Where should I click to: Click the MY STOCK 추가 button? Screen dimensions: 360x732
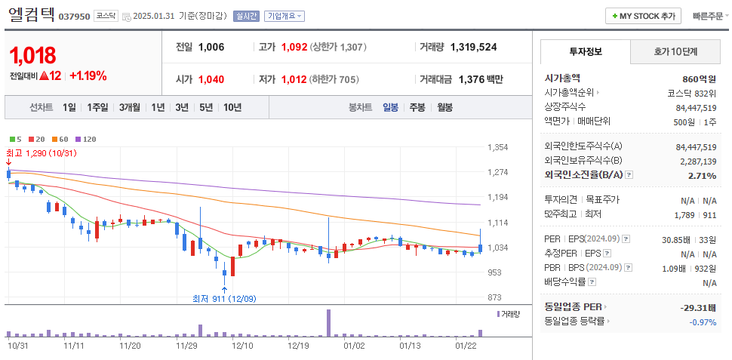coord(644,16)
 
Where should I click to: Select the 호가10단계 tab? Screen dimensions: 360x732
coord(675,52)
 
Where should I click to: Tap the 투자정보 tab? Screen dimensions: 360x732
coord(586,52)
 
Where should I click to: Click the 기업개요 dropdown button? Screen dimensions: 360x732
coord(284,16)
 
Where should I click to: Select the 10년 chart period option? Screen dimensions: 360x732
coord(232,107)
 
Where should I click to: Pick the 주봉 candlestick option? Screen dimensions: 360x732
coord(417,107)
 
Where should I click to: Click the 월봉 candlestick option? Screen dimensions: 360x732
coord(444,107)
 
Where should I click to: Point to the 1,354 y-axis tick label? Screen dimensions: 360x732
coord(498,147)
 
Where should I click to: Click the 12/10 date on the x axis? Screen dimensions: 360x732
coord(243,346)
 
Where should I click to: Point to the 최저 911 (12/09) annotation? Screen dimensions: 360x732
coord(224,298)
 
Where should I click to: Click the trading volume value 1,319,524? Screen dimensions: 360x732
coord(473,47)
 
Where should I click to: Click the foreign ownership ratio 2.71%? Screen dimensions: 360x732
coord(702,176)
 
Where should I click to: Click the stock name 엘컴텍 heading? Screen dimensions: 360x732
coord(31,14)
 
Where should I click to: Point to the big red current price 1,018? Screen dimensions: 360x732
coord(32,55)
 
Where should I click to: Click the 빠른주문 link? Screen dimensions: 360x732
coord(709,16)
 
